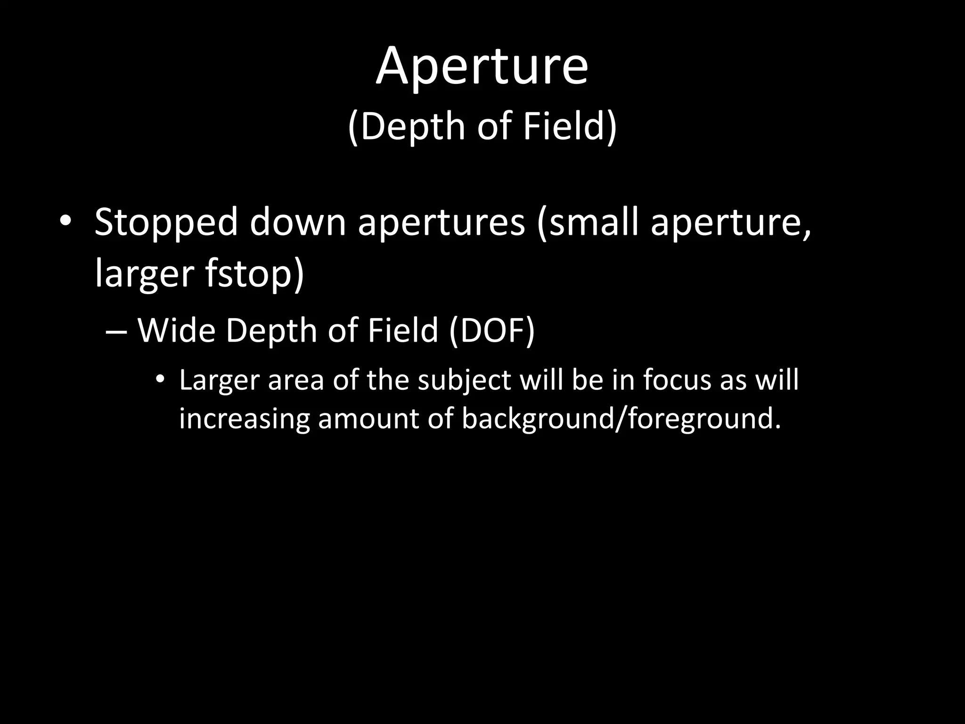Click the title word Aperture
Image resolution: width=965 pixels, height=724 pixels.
(482, 67)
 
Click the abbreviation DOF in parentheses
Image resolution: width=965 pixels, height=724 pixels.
(491, 330)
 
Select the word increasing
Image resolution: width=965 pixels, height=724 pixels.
(244, 419)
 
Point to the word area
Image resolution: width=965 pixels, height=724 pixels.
(296, 381)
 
